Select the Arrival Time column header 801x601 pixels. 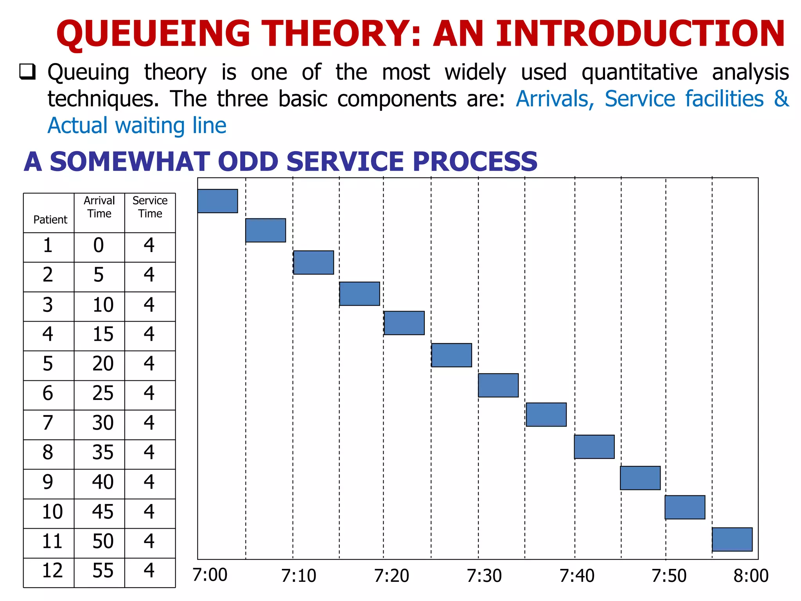99,207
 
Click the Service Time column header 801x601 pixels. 150,207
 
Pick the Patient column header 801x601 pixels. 50,220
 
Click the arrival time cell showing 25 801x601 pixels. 102,393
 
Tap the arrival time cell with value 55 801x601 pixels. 102,571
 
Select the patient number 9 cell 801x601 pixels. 48,482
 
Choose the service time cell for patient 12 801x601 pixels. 149,571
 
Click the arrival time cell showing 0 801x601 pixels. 99,246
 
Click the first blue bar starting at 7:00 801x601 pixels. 217,201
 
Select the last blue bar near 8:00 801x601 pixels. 732,540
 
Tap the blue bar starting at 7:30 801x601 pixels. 498,385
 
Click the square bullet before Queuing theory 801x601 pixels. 28,72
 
